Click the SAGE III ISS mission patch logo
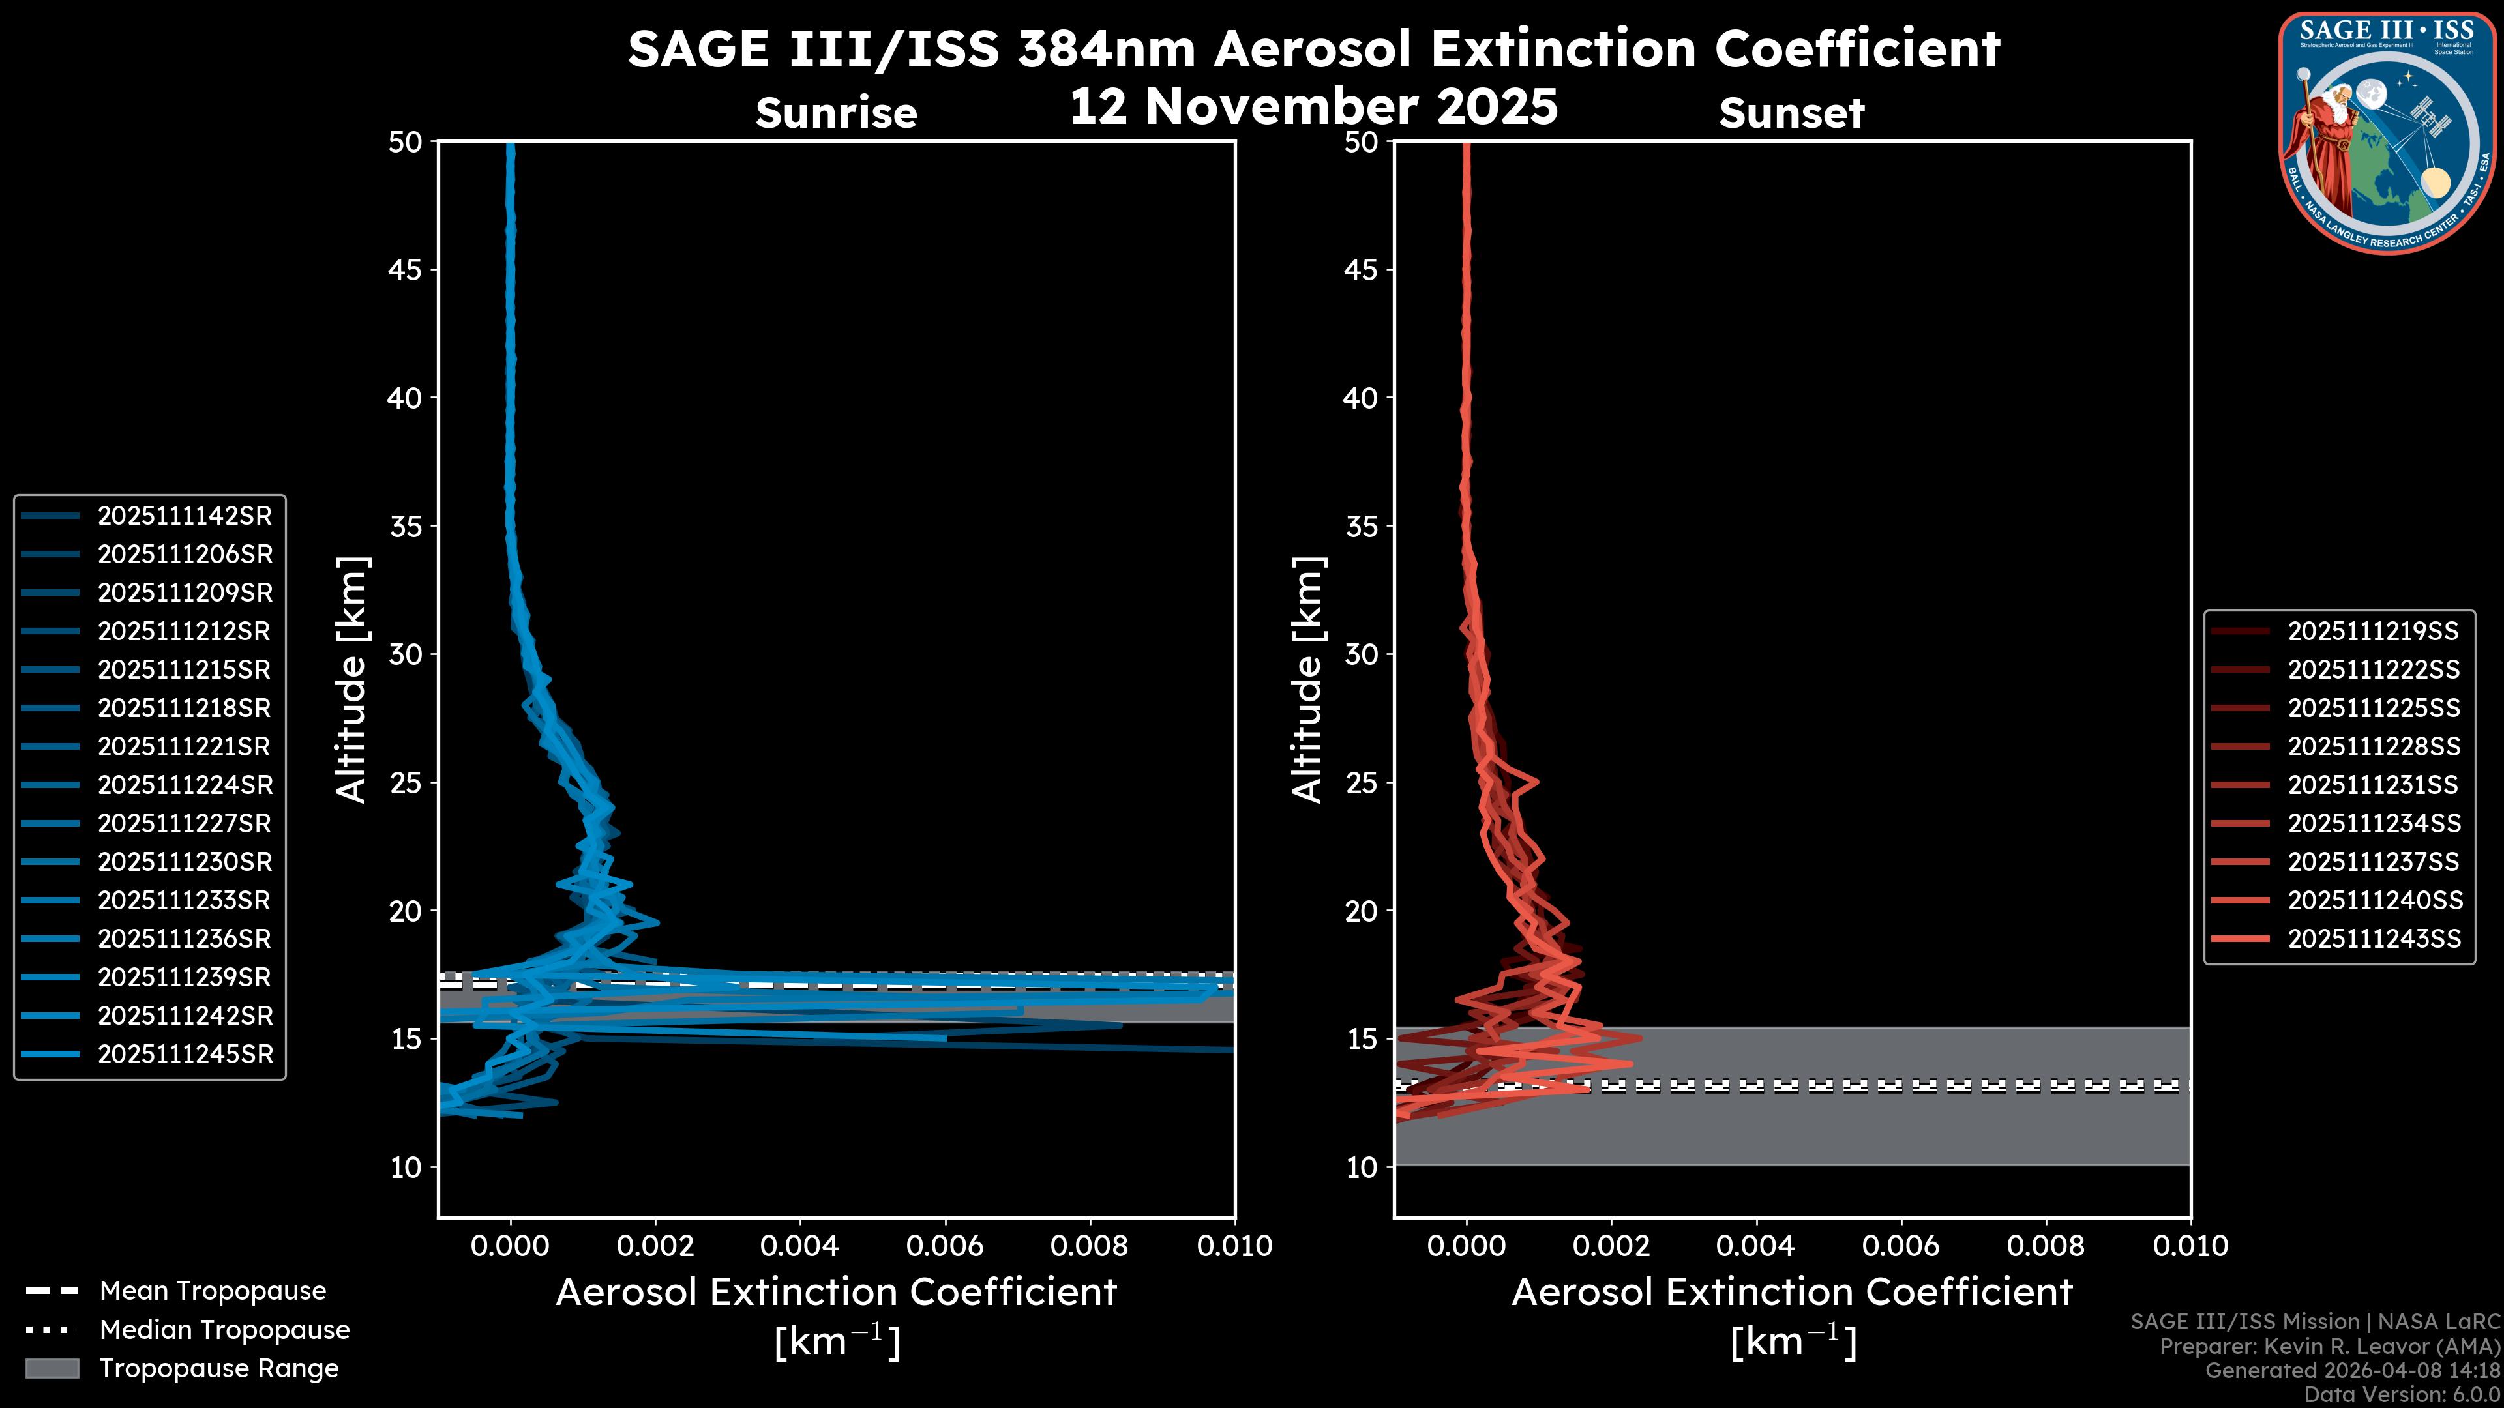(2387, 132)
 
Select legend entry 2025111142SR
(184, 516)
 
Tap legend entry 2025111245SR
(185, 1054)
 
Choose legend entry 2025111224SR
(185, 785)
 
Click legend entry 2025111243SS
(2373, 939)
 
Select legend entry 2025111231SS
(2373, 785)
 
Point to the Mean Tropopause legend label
(212, 1291)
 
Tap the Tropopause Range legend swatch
(52, 1368)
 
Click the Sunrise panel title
(836, 113)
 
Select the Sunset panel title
(1791, 113)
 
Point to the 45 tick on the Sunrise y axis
(406, 270)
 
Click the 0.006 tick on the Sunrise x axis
(945, 1246)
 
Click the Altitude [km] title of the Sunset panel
(1308, 680)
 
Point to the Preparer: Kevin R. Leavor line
(2329, 1347)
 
